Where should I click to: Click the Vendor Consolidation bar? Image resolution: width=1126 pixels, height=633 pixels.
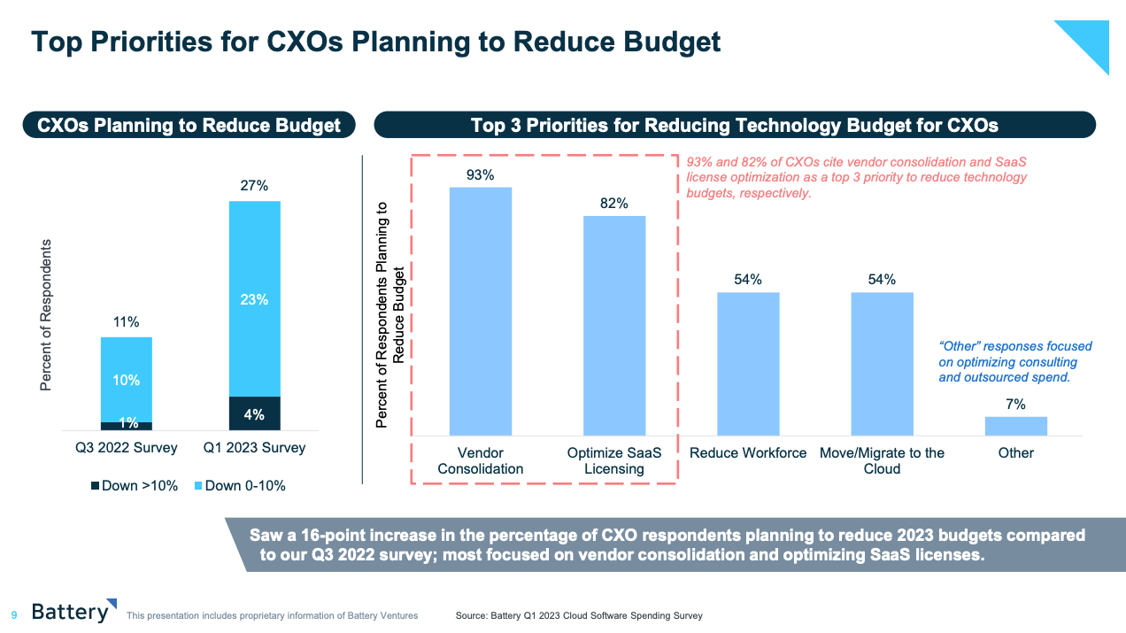click(x=480, y=311)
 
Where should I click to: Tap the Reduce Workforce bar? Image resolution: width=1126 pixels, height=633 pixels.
click(x=748, y=363)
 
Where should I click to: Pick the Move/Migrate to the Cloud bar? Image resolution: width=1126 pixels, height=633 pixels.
click(x=882, y=363)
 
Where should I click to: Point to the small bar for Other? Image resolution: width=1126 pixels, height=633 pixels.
click(x=1015, y=426)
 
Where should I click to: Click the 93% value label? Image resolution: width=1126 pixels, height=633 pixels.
click(x=480, y=174)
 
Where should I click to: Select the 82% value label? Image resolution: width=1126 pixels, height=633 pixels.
click(x=613, y=204)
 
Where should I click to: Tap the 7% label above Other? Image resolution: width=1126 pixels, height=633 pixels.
click(x=1015, y=405)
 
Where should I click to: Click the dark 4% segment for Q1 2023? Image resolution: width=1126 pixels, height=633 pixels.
click(x=254, y=413)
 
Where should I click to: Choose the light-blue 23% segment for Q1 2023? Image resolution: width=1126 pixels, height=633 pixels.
click(x=254, y=299)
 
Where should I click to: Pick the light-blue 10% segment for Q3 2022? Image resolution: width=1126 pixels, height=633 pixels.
click(x=127, y=379)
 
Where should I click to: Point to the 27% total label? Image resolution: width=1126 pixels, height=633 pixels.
click(x=254, y=186)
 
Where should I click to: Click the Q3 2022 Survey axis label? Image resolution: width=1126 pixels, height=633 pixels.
click(x=127, y=448)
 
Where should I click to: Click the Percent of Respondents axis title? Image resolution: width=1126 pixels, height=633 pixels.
click(x=46, y=314)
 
